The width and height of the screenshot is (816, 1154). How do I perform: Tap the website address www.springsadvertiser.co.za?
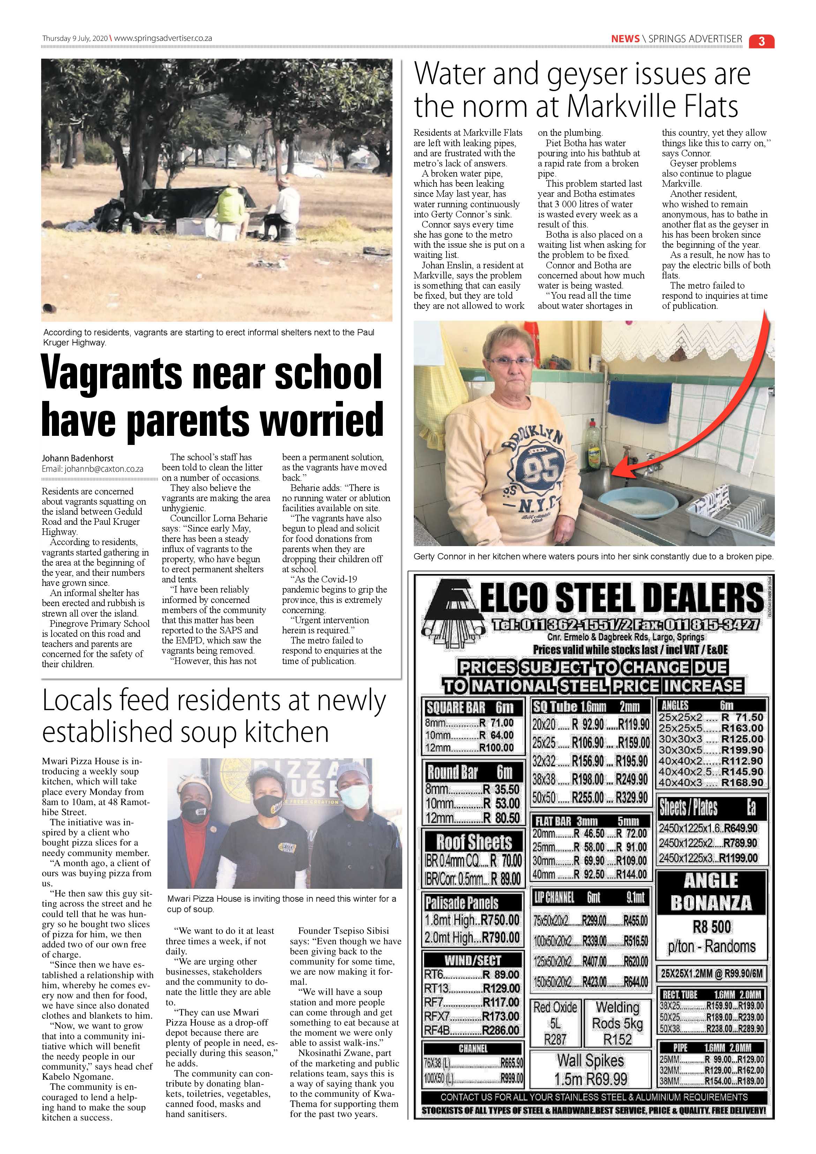[163, 38]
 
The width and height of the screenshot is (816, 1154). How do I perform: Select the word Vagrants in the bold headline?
[112, 372]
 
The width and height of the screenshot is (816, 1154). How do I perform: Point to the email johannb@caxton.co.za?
[92, 469]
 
